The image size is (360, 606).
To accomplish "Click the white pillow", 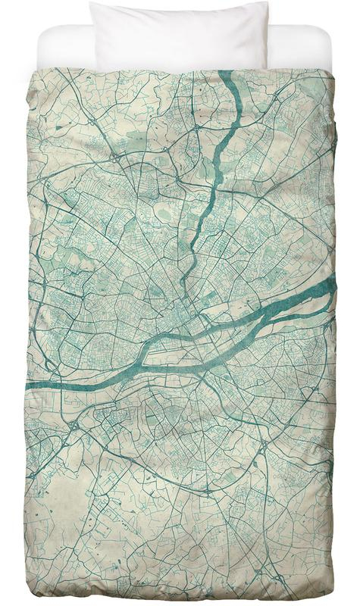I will [179, 34].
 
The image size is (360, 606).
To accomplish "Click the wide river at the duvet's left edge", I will [38, 386].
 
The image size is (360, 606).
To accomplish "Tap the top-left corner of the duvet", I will [32, 70].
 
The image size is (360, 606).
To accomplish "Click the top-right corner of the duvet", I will [332, 70].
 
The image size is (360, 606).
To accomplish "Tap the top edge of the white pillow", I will [179, 3].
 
